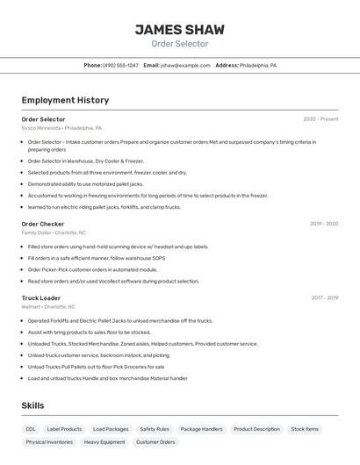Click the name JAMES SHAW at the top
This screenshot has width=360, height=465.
(x=179, y=29)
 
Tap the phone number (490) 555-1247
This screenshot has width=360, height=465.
(x=120, y=65)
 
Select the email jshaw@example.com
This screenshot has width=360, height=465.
(x=185, y=65)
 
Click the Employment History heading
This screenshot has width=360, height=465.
(x=65, y=100)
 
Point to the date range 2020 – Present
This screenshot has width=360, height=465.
(x=320, y=118)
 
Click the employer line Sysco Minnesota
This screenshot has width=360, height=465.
(x=61, y=127)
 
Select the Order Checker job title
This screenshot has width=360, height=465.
(x=43, y=224)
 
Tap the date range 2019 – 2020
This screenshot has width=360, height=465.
(x=323, y=224)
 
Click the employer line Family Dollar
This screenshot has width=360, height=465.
(x=54, y=232)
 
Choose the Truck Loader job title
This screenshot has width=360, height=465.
(x=41, y=297)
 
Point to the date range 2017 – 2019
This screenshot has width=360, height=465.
(x=324, y=297)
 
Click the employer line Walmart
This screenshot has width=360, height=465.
(x=48, y=306)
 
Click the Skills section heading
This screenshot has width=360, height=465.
(x=32, y=405)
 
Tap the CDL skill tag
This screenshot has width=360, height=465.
(x=31, y=429)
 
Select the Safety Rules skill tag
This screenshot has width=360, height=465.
(x=155, y=429)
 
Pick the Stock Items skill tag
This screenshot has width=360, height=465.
(x=305, y=429)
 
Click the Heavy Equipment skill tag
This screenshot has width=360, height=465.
(x=104, y=442)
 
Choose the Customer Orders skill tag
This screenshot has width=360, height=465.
(x=155, y=442)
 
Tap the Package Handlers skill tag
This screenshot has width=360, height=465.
(x=201, y=429)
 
